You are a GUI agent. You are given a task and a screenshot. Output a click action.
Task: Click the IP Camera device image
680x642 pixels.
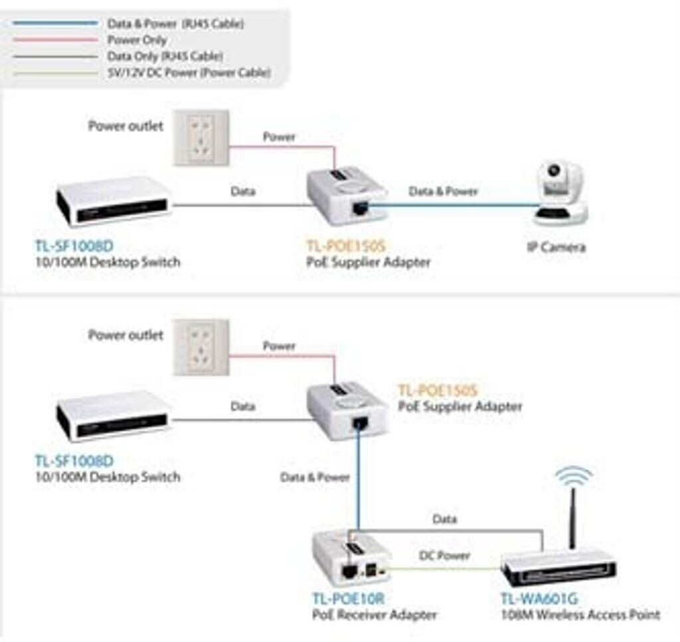pyautogui.click(x=561, y=192)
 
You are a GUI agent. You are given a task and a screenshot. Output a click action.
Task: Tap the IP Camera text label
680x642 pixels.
pyautogui.click(x=556, y=247)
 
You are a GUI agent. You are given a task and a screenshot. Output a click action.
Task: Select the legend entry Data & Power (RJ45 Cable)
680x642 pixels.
pyautogui.click(x=175, y=24)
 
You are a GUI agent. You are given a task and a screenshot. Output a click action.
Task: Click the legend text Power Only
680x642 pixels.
pyautogui.click(x=137, y=40)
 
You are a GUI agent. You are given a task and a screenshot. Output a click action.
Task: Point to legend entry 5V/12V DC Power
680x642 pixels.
pyautogui.click(x=189, y=73)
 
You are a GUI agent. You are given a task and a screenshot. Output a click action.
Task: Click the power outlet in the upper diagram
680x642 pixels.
pyautogui.click(x=201, y=138)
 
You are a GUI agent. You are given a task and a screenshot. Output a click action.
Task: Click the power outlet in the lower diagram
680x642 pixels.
pyautogui.click(x=201, y=347)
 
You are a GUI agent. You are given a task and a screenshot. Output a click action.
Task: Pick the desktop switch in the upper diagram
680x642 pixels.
pyautogui.click(x=114, y=200)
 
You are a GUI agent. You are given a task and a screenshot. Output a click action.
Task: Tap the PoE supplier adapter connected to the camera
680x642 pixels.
pyautogui.click(x=347, y=197)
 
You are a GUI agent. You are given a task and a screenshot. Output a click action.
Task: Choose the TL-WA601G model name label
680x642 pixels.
pyautogui.click(x=539, y=599)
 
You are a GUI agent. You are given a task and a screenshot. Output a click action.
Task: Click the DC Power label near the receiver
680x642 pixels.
pyautogui.click(x=444, y=555)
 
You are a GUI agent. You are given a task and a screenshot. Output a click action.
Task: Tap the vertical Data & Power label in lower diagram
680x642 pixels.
pyautogui.click(x=315, y=477)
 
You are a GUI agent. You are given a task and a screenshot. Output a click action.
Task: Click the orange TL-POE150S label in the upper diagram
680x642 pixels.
pyautogui.click(x=346, y=247)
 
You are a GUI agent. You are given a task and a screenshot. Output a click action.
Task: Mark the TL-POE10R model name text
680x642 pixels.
pyautogui.click(x=348, y=599)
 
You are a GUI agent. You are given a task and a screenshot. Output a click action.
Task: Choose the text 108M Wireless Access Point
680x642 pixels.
pyautogui.click(x=580, y=615)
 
